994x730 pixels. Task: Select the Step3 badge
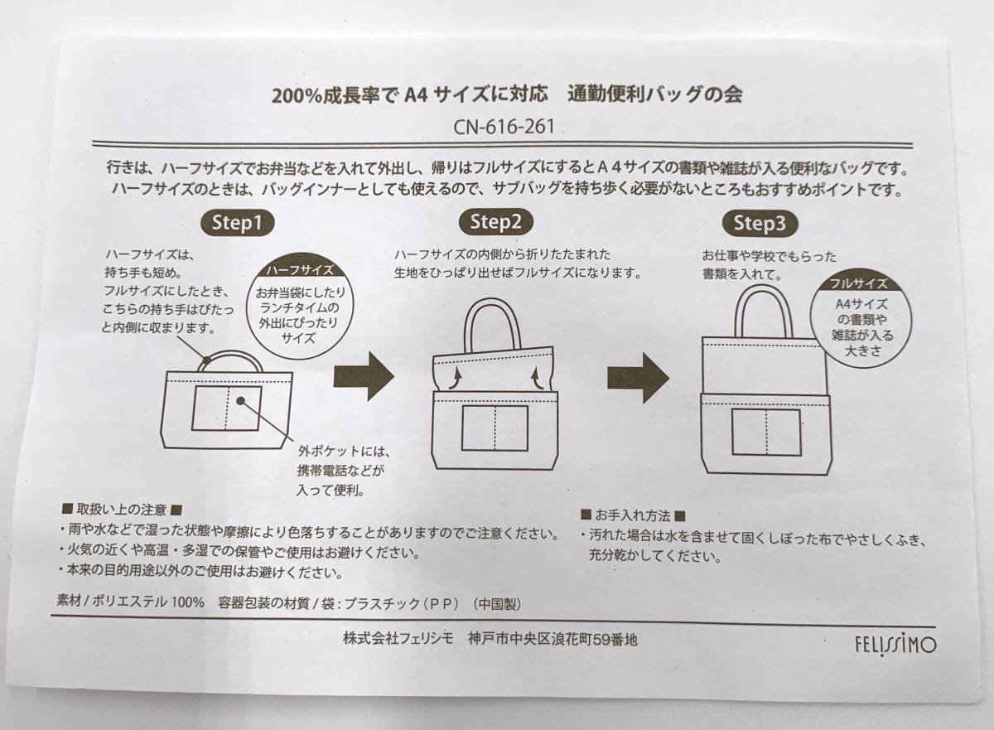[x=760, y=223]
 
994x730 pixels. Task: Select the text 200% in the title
[x=299, y=94]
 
